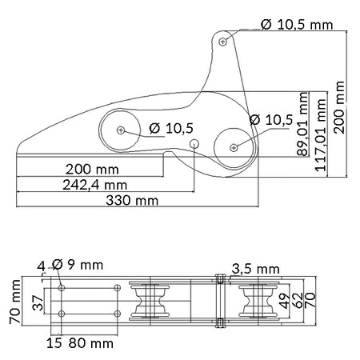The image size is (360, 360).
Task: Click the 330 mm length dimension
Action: coord(132,201)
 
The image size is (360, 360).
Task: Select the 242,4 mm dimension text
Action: coord(94,185)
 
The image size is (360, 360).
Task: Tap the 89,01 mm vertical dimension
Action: coord(302,124)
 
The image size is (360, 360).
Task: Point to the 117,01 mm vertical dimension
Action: coord(321,134)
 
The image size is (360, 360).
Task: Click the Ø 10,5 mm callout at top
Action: coord(297,25)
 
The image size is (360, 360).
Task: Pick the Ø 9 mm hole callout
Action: coord(78,265)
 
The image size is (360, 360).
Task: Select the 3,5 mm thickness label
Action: coord(255,269)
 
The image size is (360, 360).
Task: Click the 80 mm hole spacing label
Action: coord(91,343)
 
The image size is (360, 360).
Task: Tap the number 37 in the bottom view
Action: coord(38,303)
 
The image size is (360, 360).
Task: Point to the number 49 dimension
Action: coord(285,301)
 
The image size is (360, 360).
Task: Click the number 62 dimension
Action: coord(298,301)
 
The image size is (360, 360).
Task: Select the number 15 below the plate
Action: coord(54,343)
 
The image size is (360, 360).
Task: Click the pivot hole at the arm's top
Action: coord(223,42)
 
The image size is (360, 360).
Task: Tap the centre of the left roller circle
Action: coord(121,130)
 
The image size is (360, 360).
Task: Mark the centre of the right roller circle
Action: coord(234,147)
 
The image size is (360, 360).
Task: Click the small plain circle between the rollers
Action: coord(194,144)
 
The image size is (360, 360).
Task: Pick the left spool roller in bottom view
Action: coord(150,301)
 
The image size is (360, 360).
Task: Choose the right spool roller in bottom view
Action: coord(258,301)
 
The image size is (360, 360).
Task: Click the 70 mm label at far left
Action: coord(15,302)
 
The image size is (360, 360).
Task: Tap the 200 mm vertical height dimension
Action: coord(339,107)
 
